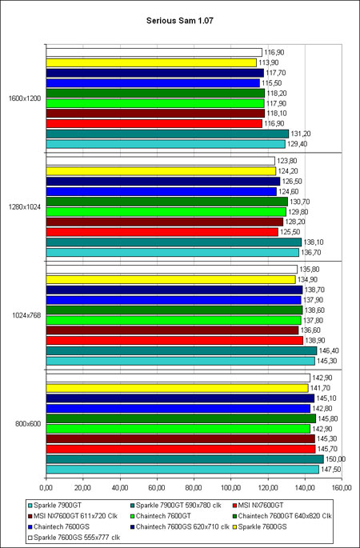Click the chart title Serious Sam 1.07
click(180, 21)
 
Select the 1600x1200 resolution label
click(25, 98)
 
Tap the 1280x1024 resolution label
click(25, 207)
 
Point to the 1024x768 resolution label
click(26, 315)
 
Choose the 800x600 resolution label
click(28, 424)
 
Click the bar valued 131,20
click(167, 134)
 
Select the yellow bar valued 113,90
click(151, 62)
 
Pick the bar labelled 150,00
click(185, 459)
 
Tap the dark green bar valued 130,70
click(167, 202)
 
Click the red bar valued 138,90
click(174, 341)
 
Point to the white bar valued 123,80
click(161, 161)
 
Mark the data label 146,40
click(326, 350)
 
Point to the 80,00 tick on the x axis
click(194, 487)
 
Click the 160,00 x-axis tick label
click(342, 487)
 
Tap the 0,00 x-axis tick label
click(46, 487)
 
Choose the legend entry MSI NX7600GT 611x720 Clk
click(72, 516)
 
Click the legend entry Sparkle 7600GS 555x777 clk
click(74, 538)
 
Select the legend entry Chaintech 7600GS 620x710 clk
click(179, 526)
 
